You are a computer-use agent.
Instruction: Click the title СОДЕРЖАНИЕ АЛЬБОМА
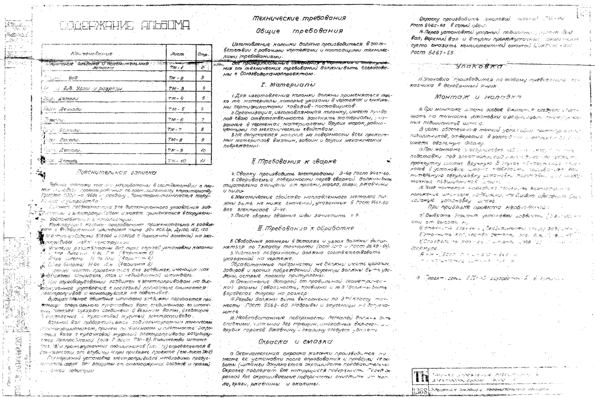(x=125, y=25)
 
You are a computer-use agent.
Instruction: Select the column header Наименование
(x=92, y=54)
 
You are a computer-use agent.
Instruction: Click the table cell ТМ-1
(x=176, y=68)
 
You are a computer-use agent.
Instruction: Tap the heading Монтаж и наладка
(x=478, y=97)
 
